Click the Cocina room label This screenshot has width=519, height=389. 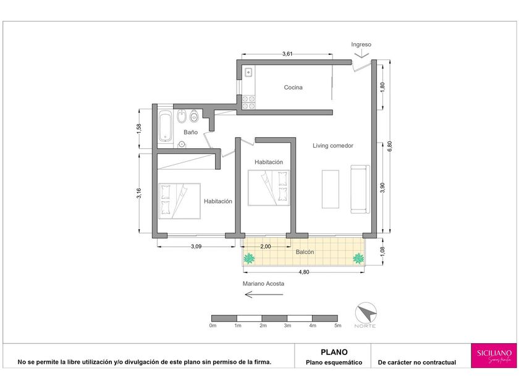click(x=293, y=87)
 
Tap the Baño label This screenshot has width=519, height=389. click(x=191, y=132)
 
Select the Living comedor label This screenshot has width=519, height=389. click(x=332, y=146)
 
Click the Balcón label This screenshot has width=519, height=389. click(x=305, y=252)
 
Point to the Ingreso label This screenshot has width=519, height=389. click(x=361, y=44)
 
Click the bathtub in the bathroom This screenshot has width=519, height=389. click(x=165, y=126)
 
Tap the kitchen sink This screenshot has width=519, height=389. click(x=248, y=72)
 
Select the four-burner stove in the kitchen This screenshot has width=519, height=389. click(x=248, y=102)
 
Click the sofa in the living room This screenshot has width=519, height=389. click(x=360, y=189)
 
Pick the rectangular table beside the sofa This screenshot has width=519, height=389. click(x=331, y=189)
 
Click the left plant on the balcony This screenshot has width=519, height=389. click(x=249, y=259)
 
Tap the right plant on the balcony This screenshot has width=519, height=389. click(x=358, y=258)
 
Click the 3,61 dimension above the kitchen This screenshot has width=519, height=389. click(x=287, y=54)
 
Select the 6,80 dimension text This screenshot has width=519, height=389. click(x=390, y=146)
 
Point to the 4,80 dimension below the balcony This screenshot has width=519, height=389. click(x=304, y=272)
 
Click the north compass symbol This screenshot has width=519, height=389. click(x=366, y=313)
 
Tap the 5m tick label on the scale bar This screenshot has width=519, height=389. click(x=337, y=325)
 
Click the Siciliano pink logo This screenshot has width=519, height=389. click(x=494, y=356)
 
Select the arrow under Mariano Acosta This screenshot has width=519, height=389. click(x=264, y=294)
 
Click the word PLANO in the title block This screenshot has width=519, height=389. click(x=334, y=352)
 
